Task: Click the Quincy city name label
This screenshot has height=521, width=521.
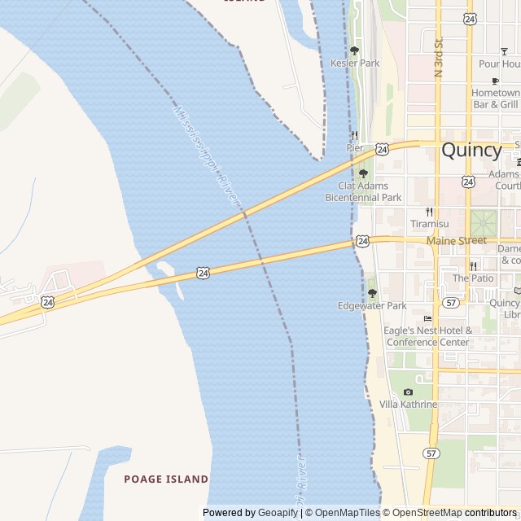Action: pos(471,151)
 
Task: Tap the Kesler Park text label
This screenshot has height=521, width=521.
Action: pos(355,63)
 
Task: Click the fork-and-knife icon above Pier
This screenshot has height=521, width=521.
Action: pos(354,135)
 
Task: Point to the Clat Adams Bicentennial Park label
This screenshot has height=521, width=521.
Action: pos(363,192)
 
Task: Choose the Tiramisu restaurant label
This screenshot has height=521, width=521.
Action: pos(429,224)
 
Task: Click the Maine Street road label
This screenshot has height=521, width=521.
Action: pos(456,240)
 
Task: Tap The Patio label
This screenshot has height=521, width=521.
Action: pos(473,278)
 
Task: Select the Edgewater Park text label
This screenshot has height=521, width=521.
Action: pos(372,306)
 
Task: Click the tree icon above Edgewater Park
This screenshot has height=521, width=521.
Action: pos(372,293)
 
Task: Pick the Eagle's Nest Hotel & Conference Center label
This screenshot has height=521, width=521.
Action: pos(428,336)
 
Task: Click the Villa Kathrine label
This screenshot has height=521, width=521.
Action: pos(408,405)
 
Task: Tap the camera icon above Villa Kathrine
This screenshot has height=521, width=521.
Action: pos(408,392)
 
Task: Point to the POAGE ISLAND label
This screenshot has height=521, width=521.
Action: pos(166,479)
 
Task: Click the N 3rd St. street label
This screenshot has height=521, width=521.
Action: pos(438,56)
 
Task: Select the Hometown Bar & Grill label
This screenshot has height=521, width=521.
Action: pos(496,99)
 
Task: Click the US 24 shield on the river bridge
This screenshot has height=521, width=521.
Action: pos(202,274)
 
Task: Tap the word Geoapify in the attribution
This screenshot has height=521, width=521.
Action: pos(278,513)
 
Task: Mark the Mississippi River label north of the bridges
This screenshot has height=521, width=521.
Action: pos(207,155)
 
